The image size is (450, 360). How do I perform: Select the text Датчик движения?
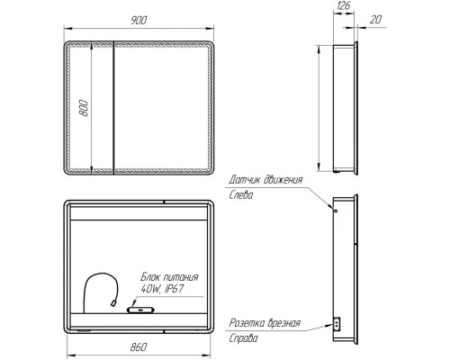click(266, 179)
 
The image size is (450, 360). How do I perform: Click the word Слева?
click(242, 193)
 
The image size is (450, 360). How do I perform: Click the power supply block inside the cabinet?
click(141, 310)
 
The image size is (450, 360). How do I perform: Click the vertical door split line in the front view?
click(110, 108)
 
